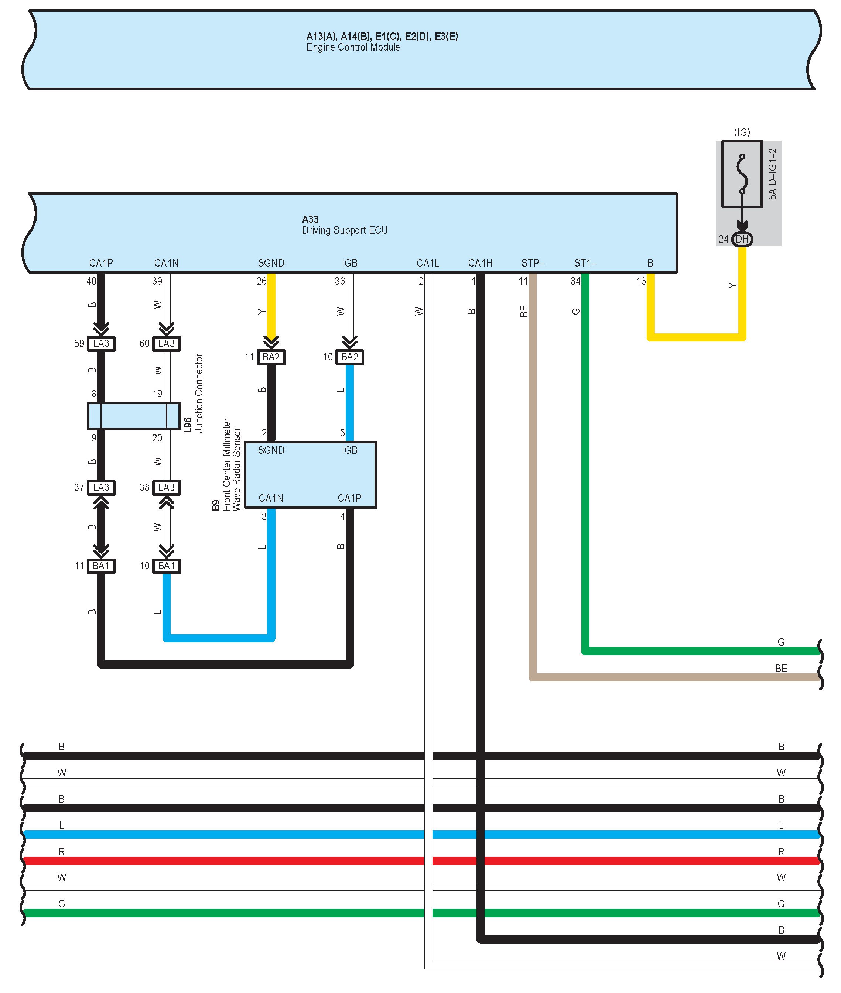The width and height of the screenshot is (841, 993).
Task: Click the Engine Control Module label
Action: (x=353, y=47)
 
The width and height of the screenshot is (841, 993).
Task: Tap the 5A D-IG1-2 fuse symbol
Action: (x=742, y=174)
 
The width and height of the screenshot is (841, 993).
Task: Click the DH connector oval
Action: (x=742, y=239)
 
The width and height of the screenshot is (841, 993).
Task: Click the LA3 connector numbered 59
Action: (x=101, y=344)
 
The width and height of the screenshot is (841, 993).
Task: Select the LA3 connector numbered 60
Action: (x=166, y=344)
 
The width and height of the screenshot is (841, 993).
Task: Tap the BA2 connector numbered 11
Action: (x=271, y=357)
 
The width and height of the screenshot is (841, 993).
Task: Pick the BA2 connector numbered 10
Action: (x=349, y=357)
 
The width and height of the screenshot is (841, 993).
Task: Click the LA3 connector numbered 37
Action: (x=101, y=487)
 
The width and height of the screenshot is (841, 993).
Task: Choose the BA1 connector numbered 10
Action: (x=166, y=566)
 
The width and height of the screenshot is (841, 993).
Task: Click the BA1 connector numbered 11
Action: (x=101, y=566)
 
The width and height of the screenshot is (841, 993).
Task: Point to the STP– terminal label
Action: (x=533, y=263)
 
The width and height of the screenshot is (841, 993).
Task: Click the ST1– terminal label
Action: (x=585, y=263)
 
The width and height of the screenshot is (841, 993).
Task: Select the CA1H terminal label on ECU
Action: (x=480, y=263)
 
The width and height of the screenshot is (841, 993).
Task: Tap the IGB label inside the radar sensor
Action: (x=349, y=450)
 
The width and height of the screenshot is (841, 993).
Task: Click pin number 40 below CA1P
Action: (x=91, y=281)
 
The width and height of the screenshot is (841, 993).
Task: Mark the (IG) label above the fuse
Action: (x=742, y=132)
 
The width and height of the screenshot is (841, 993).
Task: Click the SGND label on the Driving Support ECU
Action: (x=271, y=263)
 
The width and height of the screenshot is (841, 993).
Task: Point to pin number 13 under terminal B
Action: (x=641, y=281)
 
